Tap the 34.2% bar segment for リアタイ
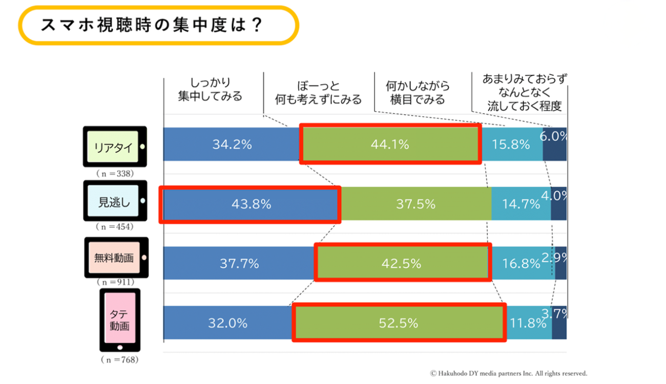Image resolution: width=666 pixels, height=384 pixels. pos(232,144)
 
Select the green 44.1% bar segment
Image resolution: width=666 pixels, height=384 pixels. pos(390,144)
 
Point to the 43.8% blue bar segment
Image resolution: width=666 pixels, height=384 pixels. pos(250,204)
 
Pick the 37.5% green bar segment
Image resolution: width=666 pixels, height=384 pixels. pos(415,204)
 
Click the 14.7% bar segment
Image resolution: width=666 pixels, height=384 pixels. pos(521,204)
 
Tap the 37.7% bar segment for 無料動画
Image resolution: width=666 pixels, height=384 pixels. pos(239,264)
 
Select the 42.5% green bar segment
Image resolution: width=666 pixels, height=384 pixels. pos(402,264)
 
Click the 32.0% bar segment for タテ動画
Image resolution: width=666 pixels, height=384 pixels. pos(227,323)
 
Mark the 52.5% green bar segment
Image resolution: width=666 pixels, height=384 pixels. pos(399,323)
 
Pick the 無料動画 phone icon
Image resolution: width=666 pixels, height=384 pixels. pos(116,258)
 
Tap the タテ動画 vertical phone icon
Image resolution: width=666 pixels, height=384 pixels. pos(119,319)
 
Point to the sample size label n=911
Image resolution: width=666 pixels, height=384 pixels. pos(116,282)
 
